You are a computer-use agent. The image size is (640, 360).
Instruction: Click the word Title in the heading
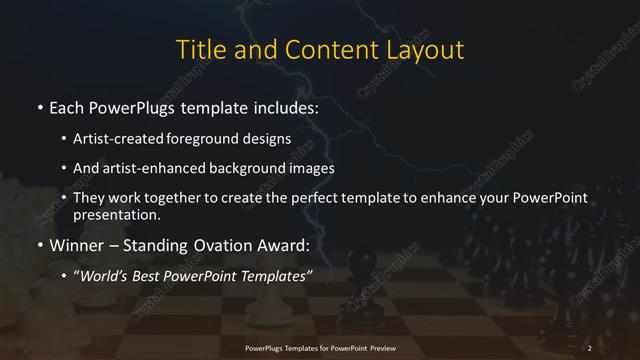(200, 50)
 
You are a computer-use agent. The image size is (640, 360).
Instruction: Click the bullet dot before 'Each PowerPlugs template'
(38, 107)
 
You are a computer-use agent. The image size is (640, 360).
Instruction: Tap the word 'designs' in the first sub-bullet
(267, 139)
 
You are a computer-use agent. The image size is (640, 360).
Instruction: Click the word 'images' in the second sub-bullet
(314, 168)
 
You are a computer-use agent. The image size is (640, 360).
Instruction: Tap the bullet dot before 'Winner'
(38, 245)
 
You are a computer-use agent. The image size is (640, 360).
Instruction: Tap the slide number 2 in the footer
(590, 347)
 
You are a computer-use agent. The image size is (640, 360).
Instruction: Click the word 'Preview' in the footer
(381, 347)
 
